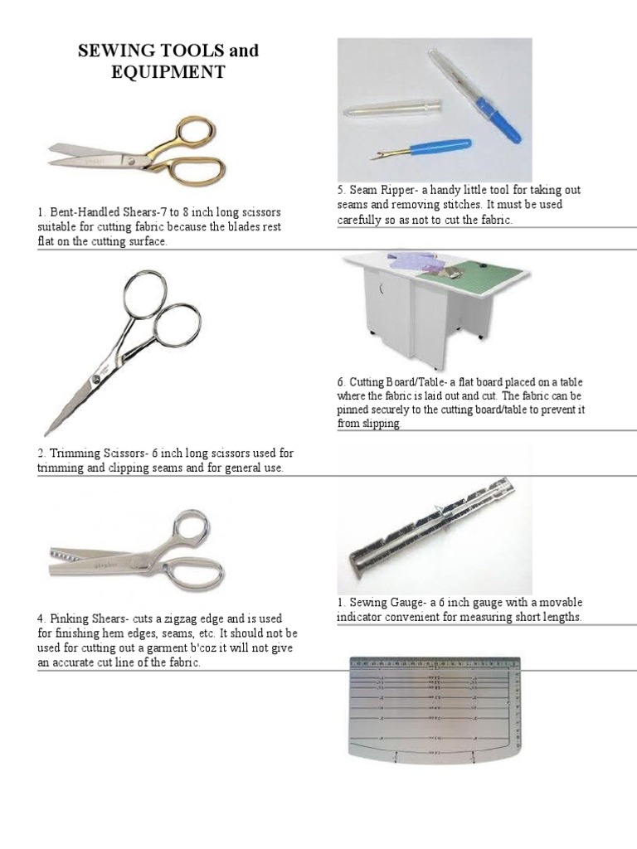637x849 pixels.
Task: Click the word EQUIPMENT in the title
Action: (168, 72)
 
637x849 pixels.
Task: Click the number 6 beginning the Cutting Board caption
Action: (341, 382)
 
